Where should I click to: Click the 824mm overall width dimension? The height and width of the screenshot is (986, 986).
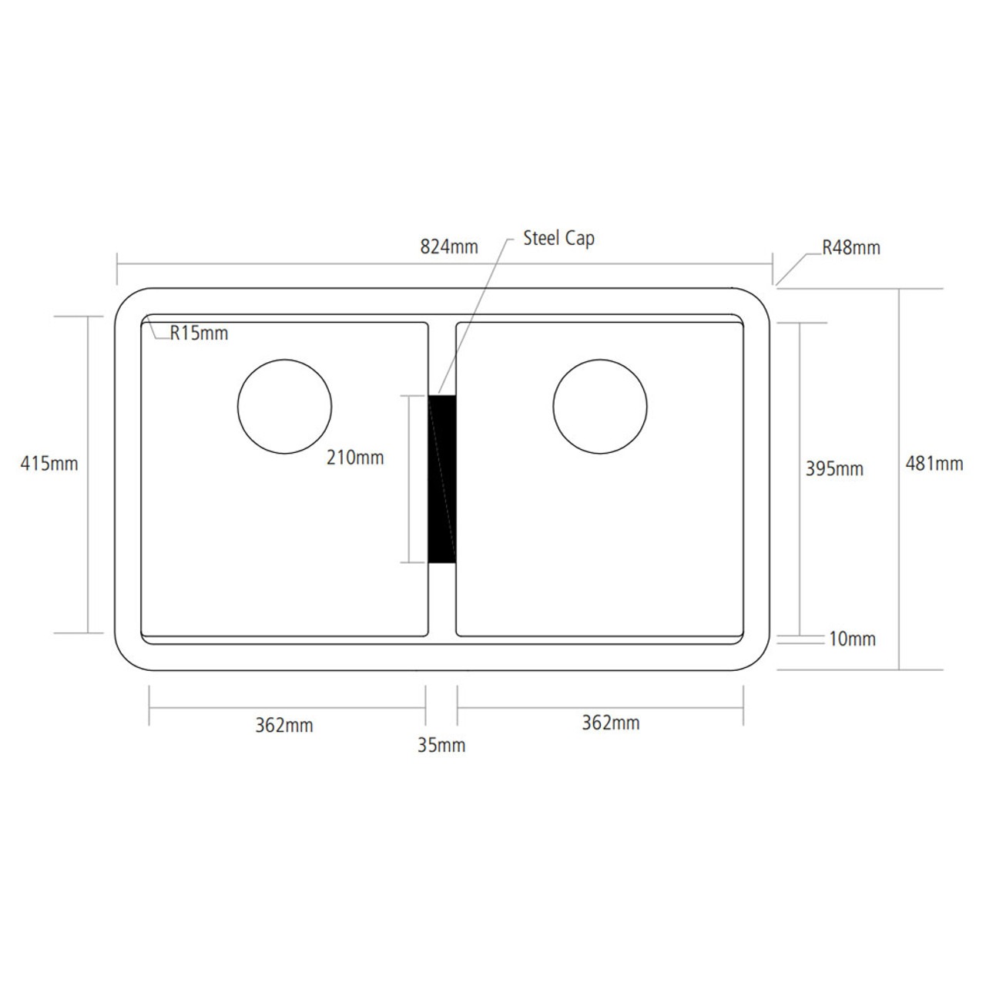pyautogui.click(x=449, y=247)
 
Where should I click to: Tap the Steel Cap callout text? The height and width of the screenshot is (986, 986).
pyautogui.click(x=558, y=239)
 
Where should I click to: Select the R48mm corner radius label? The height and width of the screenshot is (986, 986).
pyautogui.click(x=851, y=247)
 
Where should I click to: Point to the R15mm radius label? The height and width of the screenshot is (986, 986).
pyautogui.click(x=199, y=333)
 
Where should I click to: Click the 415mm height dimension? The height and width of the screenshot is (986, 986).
pyautogui.click(x=49, y=464)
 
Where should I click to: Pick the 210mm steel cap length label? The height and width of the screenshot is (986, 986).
pyautogui.click(x=355, y=458)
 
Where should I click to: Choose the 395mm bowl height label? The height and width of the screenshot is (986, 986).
pyautogui.click(x=834, y=468)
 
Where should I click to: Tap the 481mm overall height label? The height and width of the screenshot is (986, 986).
pyautogui.click(x=934, y=464)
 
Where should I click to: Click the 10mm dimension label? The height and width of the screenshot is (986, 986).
pyautogui.click(x=853, y=639)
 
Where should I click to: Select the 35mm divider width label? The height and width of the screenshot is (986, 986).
pyautogui.click(x=441, y=746)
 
